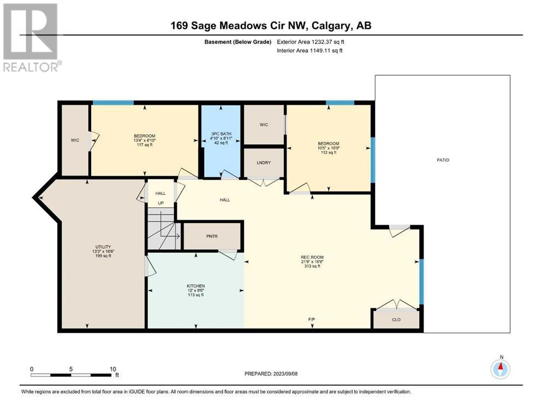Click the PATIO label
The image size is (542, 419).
(443, 160)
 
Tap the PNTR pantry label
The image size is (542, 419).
(212, 236)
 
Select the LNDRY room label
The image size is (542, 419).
(264, 163)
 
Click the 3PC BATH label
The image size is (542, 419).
(221, 134)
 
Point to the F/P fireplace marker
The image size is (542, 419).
(312, 320)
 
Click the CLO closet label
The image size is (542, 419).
(396, 320)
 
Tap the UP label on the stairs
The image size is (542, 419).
(160, 203)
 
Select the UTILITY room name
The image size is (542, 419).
(103, 247)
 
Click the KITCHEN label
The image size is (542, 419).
(195, 286)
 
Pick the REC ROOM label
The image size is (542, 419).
(312, 258)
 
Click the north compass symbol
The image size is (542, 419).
(500, 369)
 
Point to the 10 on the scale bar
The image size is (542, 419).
(112, 369)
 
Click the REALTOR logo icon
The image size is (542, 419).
(30, 32)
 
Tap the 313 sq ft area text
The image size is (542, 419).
(312, 266)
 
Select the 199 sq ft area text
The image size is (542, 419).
(103, 256)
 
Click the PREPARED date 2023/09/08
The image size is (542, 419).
(285, 374)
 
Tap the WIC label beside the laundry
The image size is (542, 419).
(264, 125)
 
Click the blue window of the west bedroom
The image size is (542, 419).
(113, 103)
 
